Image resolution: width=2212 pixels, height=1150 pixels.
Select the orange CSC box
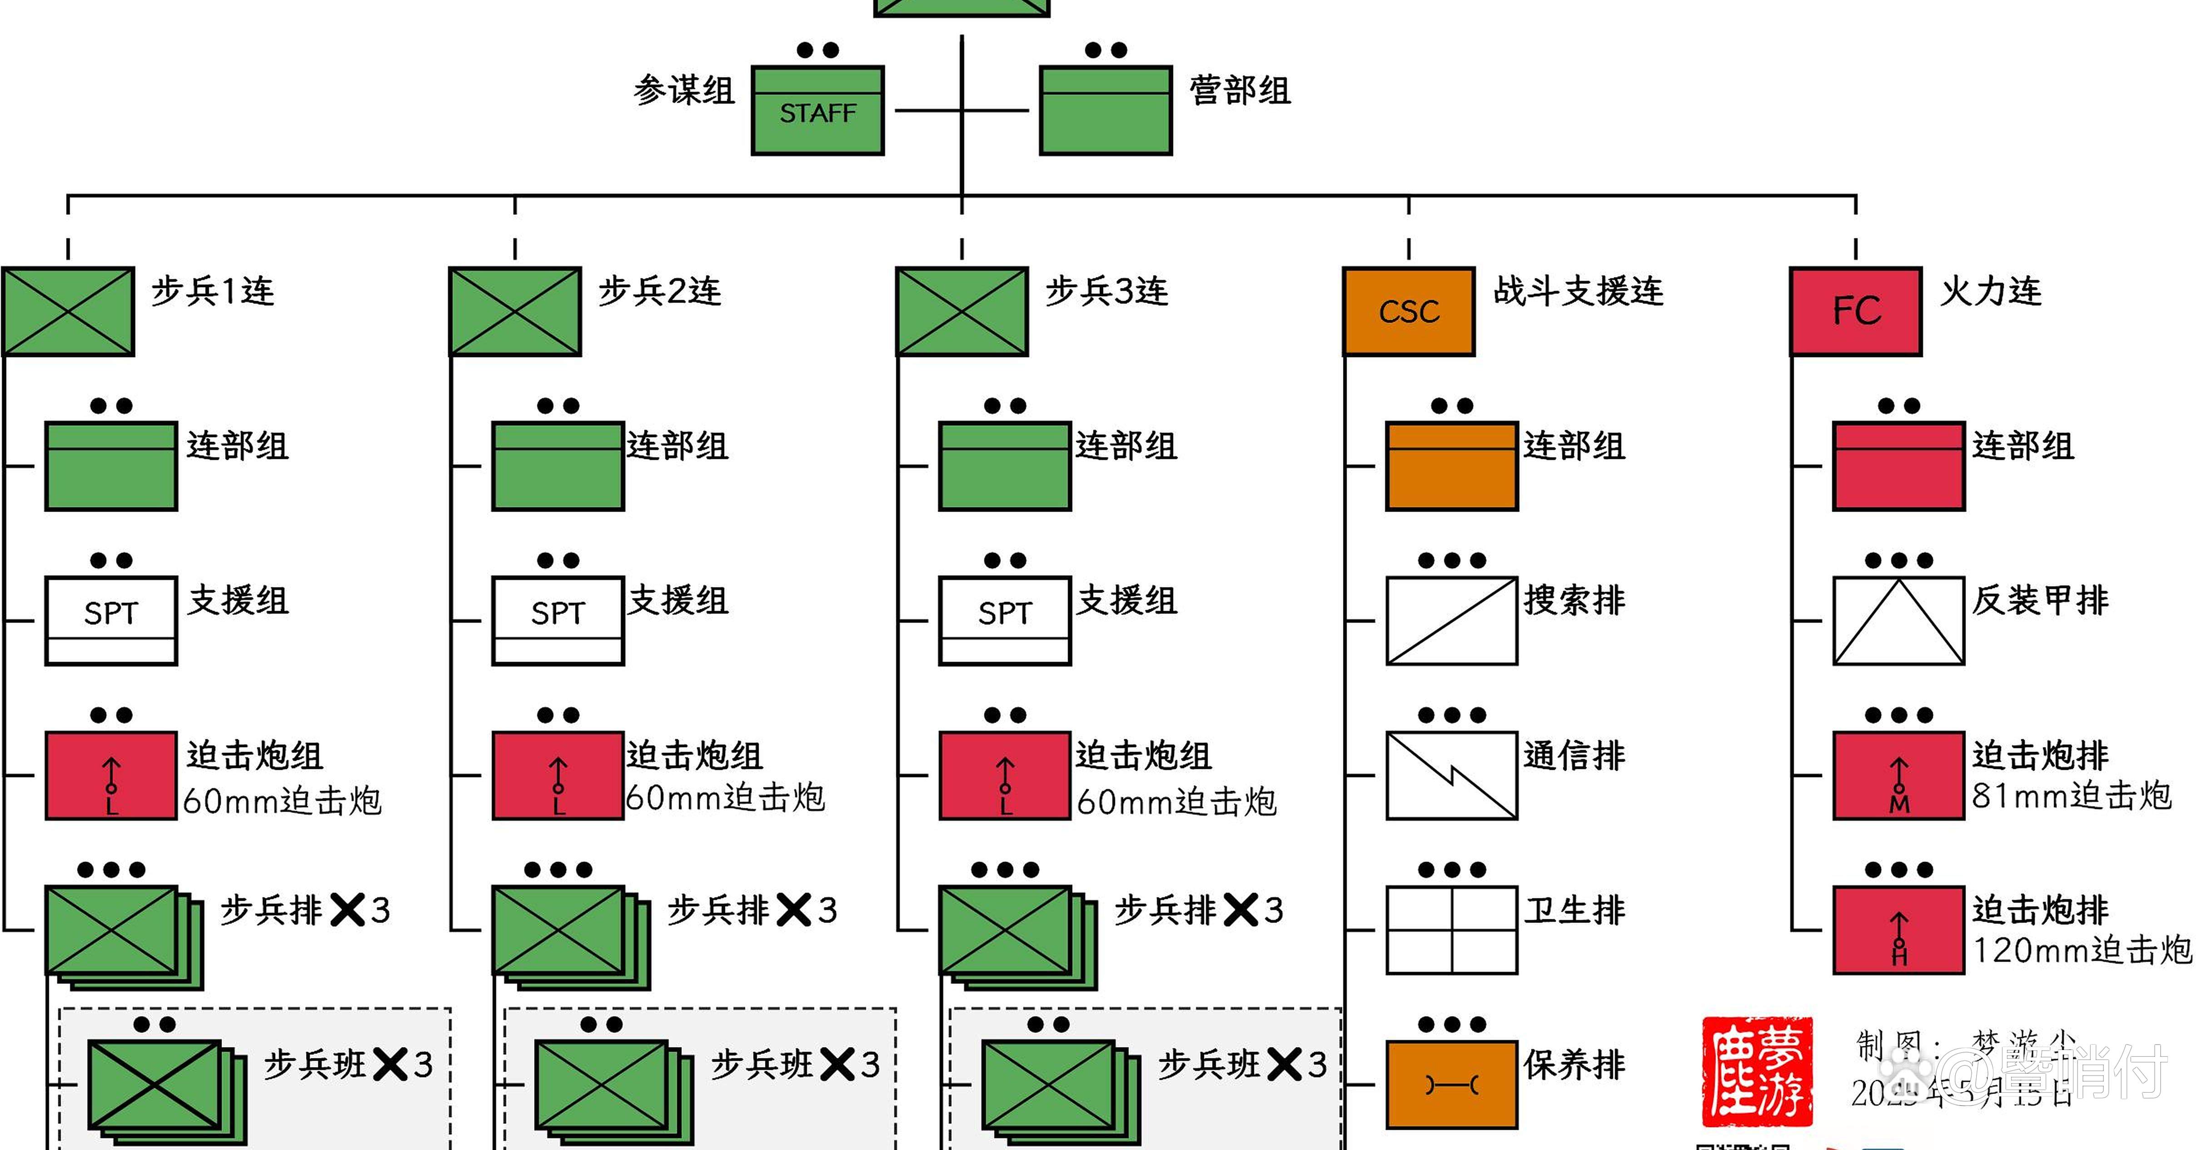[x=1408, y=311]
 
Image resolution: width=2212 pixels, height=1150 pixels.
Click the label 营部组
[x=1239, y=90]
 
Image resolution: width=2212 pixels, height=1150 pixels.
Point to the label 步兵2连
[x=659, y=291]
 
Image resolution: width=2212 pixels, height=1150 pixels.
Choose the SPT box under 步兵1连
[x=111, y=620]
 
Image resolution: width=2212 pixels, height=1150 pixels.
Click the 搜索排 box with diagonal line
[x=1451, y=620]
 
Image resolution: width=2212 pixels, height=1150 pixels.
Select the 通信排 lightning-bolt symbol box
[x=1451, y=775]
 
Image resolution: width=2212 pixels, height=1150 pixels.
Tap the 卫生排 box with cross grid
[x=1451, y=929]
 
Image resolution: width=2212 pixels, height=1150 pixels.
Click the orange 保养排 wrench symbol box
[x=1451, y=1084]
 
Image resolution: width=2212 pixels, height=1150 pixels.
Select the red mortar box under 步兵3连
[x=1005, y=775]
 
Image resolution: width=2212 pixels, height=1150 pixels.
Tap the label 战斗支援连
[x=1578, y=291]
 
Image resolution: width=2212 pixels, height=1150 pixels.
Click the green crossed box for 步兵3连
[x=962, y=311]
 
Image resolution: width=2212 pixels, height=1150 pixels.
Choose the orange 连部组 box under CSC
[x=1451, y=465]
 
